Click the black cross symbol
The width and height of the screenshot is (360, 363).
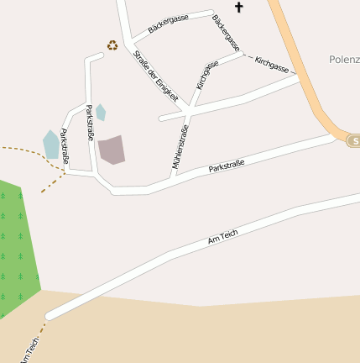click(x=238, y=8)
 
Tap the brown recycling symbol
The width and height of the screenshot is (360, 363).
click(x=112, y=45)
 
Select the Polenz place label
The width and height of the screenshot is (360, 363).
click(x=344, y=60)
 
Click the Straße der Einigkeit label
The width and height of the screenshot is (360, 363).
click(x=156, y=76)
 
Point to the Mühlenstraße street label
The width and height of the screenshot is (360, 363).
click(x=180, y=148)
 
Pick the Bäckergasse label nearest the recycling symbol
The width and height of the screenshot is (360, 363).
click(x=168, y=24)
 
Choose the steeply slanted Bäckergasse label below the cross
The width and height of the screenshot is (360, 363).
click(x=227, y=32)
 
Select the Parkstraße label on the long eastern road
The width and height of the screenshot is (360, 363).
click(x=226, y=166)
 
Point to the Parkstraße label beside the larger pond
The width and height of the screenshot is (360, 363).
click(x=65, y=147)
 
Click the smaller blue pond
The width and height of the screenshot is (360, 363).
click(x=101, y=112)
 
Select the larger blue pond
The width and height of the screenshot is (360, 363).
click(x=51, y=145)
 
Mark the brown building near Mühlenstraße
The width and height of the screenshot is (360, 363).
click(x=112, y=150)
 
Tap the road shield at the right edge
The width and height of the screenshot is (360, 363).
click(x=353, y=140)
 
